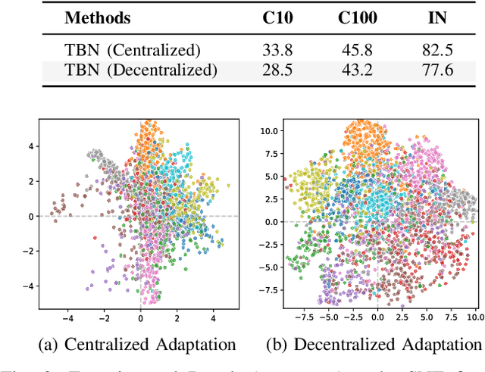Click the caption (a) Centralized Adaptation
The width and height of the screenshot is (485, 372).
point(137,345)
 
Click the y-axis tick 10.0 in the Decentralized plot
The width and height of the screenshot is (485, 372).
point(268,131)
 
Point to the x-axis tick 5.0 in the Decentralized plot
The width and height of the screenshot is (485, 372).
point(427,317)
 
